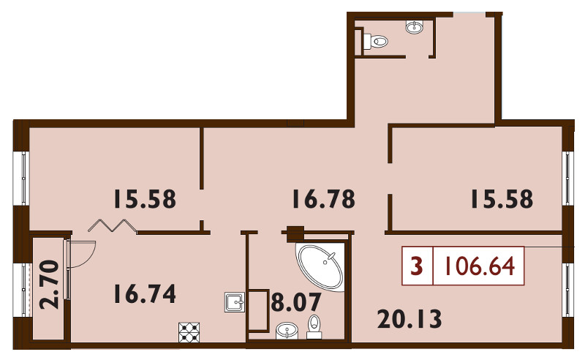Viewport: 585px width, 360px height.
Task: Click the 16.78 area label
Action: coord(323,199)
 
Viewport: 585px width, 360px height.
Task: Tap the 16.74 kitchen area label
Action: coord(145,293)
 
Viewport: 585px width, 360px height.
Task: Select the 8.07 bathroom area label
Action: coord(296,302)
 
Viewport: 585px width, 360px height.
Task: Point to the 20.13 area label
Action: coord(409,319)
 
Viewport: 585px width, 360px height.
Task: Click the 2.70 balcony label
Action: coord(49,285)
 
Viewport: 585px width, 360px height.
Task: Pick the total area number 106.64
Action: coord(478,266)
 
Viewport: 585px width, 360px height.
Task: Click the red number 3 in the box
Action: coord(416,266)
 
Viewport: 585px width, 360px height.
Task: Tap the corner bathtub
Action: coord(322,266)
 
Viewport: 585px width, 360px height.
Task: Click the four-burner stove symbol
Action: coord(189,332)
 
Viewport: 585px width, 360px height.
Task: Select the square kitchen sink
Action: coord(235,302)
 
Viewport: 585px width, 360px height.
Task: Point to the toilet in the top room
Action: coord(375,41)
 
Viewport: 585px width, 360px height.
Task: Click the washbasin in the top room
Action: coord(414,27)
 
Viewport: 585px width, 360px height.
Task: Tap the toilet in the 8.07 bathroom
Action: coord(314,328)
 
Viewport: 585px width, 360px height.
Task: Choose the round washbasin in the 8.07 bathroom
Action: coord(287,331)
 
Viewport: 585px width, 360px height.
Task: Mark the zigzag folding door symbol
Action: coord(113,225)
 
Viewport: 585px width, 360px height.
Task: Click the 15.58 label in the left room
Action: coord(145,199)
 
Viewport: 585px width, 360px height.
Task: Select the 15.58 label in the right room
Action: coord(502,199)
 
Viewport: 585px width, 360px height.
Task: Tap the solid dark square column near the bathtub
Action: coord(295,234)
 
